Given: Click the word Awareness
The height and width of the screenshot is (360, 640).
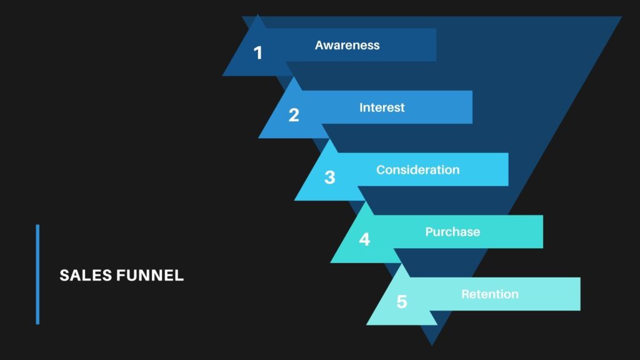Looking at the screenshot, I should (x=347, y=45).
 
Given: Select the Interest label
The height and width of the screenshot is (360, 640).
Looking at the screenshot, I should (x=382, y=107).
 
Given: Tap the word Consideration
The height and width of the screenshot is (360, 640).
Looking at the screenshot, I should (x=417, y=170).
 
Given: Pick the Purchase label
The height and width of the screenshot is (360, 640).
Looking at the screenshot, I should (x=452, y=232).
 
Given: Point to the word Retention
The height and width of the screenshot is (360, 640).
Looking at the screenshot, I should (x=490, y=294).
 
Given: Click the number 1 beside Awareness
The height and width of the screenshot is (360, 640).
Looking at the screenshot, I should (x=258, y=53).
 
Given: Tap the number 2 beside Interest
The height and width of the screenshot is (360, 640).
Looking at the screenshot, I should (x=294, y=115).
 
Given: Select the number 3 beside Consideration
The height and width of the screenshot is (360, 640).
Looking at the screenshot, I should (x=329, y=177).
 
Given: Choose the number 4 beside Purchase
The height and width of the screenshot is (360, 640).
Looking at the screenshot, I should (x=364, y=239).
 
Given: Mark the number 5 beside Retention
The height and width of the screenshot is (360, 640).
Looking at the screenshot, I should (x=401, y=302).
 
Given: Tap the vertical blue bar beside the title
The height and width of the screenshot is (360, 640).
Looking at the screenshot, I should (x=37, y=274).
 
